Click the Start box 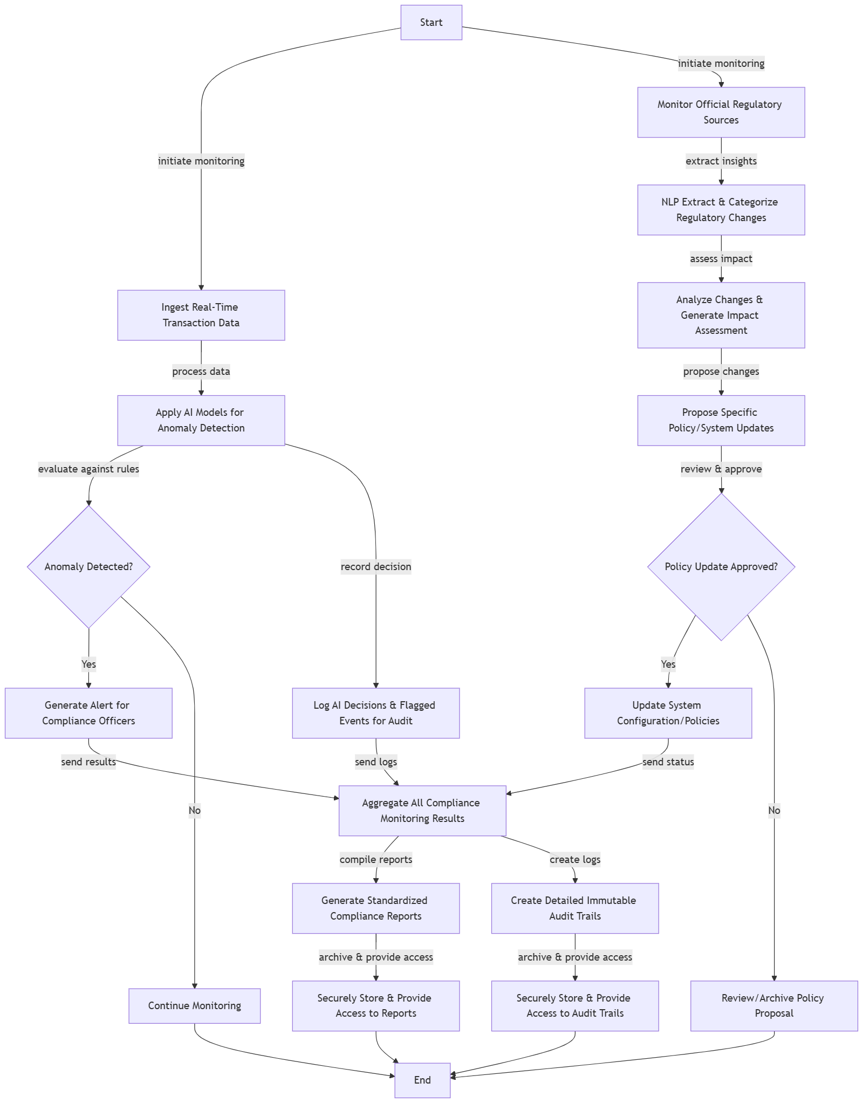pos(431,23)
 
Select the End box pos(422,1080)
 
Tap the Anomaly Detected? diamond pos(88,566)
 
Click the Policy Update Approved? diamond pos(721,566)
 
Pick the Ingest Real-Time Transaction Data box pos(201,315)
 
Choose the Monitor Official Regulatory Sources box pos(721,112)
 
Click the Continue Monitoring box pos(194,1005)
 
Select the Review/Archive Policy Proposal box pos(773,1005)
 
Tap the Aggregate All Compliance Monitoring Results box pos(422,810)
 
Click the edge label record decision pos(376,566)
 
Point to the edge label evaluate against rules pos(88,469)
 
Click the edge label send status pos(668,762)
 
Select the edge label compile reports pos(376,859)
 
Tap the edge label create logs pos(575,859)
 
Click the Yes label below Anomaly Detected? pos(88,664)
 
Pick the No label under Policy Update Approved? pos(774,810)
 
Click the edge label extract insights pos(721,161)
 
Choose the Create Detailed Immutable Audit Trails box pos(575,908)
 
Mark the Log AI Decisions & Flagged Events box pos(376,713)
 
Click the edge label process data pos(201,371)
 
